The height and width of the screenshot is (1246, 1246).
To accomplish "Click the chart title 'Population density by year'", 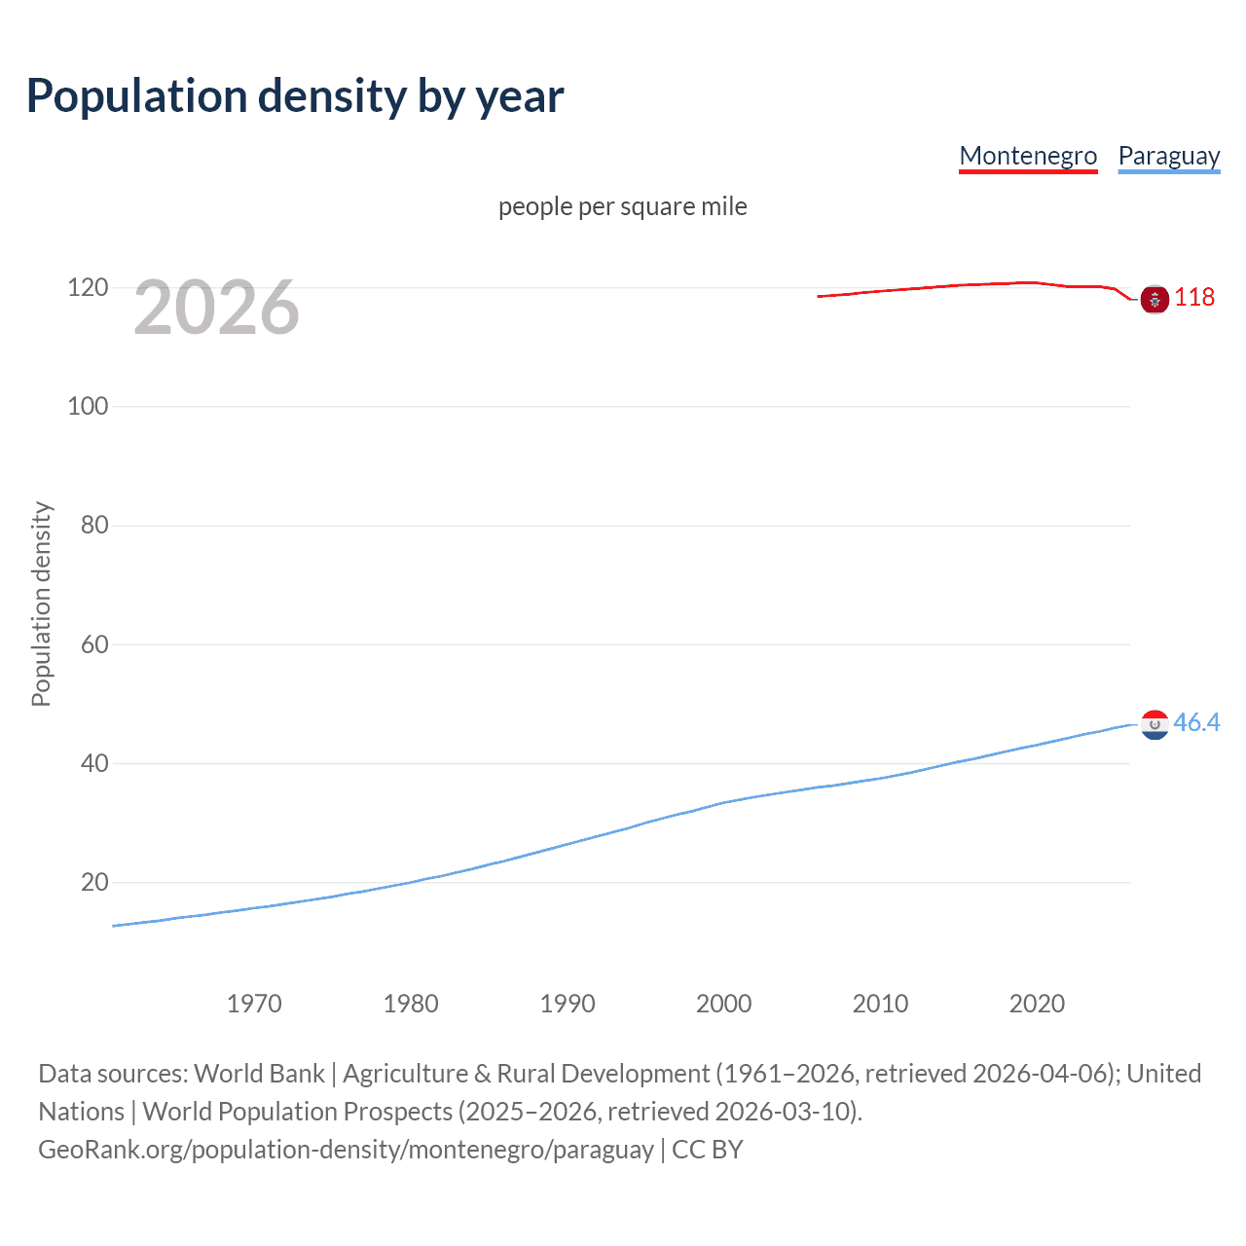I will click(295, 96).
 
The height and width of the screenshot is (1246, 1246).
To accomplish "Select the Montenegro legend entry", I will click(1028, 156).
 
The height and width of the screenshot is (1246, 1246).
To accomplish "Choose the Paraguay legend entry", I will click(1168, 156).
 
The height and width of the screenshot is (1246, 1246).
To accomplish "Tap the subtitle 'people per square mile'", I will click(622, 206).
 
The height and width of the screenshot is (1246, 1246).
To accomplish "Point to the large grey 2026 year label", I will click(216, 308).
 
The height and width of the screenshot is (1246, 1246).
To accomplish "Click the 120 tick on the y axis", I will click(88, 287).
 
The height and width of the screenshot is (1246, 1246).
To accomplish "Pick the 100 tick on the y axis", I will click(88, 406).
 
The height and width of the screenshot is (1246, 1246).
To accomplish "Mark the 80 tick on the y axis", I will click(94, 525).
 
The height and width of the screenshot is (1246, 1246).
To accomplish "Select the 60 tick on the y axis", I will click(94, 644).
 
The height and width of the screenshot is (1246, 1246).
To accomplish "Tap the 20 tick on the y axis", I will click(94, 882).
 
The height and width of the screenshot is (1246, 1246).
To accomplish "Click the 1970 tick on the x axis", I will click(254, 1004).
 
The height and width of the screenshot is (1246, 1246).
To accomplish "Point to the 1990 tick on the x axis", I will click(568, 1004).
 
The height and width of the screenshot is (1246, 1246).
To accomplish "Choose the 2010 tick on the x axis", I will click(880, 1004).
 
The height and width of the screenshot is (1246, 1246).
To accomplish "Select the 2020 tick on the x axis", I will click(1037, 1004).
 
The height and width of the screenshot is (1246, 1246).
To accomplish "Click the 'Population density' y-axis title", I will click(41, 604).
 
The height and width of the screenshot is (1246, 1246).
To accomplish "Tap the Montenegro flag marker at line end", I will click(1154, 300).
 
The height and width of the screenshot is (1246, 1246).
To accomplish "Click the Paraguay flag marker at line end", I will click(1154, 724).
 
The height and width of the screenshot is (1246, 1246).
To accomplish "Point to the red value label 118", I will click(1194, 297).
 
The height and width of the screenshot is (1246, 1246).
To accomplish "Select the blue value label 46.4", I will click(1196, 722).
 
